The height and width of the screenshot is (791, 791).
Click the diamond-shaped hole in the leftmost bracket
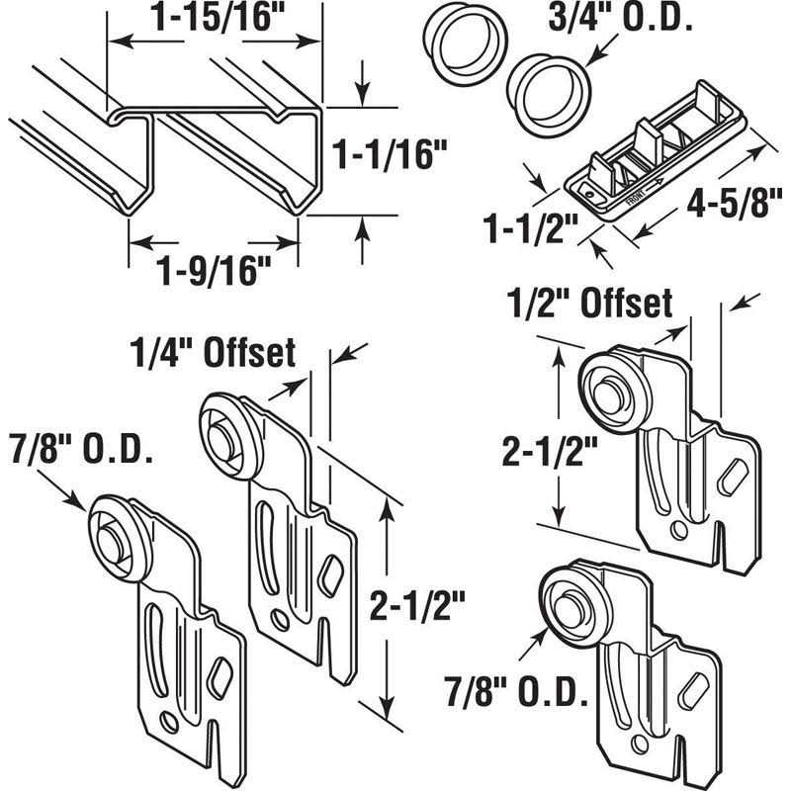click(x=220, y=671)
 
